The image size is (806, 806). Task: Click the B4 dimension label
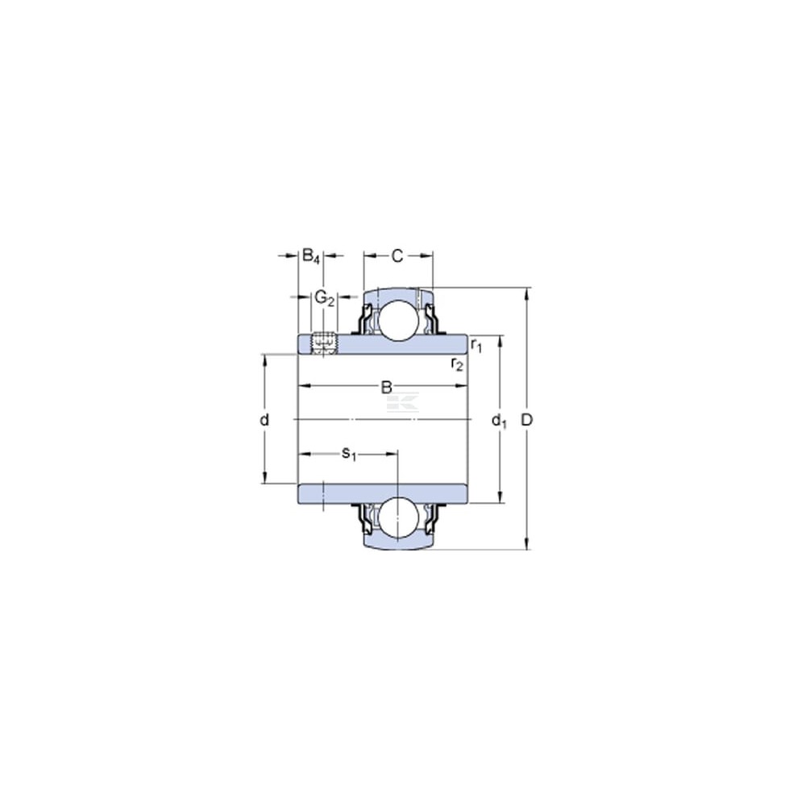point(310,256)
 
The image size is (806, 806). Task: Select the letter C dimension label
point(397,256)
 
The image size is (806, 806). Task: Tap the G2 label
point(324,297)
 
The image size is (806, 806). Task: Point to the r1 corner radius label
point(476,345)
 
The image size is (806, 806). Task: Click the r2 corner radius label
point(456,364)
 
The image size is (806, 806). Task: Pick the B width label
point(386,387)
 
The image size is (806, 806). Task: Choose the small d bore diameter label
point(264,420)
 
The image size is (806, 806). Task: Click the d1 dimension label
point(499,421)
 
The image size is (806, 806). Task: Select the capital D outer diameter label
point(527,420)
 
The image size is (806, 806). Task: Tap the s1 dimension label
point(348,454)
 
